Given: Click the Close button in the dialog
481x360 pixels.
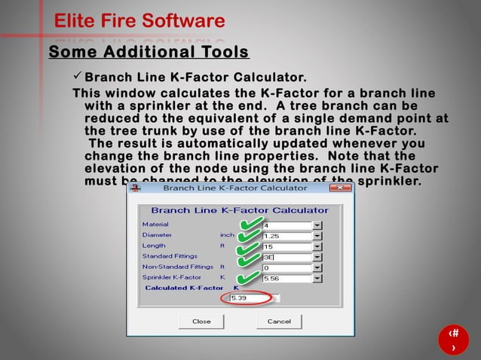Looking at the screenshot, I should pyautogui.click(x=201, y=321).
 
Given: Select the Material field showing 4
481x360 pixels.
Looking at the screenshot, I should pyautogui.click(x=286, y=225).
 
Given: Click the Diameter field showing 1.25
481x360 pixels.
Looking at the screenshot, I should pyautogui.click(x=286, y=236).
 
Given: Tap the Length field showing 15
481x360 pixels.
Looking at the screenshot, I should pyautogui.click(x=286, y=246).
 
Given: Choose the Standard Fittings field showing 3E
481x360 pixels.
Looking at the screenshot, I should pyautogui.click(x=286, y=257).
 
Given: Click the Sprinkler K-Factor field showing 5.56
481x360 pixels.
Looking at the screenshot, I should pyautogui.click(x=286, y=278).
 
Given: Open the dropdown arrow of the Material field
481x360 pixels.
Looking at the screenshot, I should pyautogui.click(x=317, y=225).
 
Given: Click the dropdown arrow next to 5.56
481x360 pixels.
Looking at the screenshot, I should pyautogui.click(x=317, y=278).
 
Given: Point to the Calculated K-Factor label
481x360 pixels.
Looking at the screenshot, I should pyautogui.click(x=184, y=288).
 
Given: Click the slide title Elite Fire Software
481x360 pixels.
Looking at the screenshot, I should pyautogui.click(x=139, y=20).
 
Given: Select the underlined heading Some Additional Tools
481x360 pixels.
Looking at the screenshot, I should pyautogui.click(x=149, y=52).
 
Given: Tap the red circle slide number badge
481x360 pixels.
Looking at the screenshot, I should pyautogui.click(x=453, y=340).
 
